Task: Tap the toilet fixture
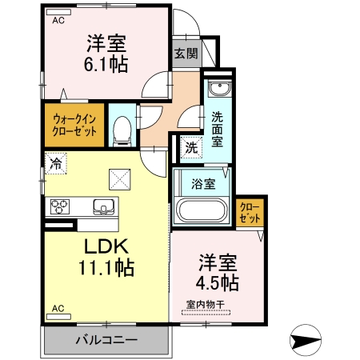tap(122, 130)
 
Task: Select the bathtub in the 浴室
tap(202, 211)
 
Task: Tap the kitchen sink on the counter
tap(105, 206)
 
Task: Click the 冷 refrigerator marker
tap(56, 165)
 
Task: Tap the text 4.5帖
tap(217, 282)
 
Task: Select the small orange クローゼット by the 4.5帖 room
tap(250, 213)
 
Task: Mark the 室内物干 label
tap(205, 303)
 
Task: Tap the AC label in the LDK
tap(58, 308)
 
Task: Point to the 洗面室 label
tap(218, 128)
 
